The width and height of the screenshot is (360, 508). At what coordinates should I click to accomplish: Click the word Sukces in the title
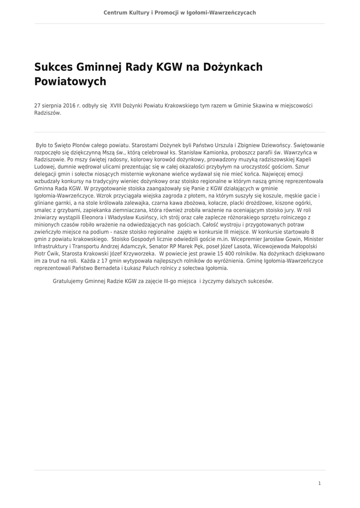tap(54, 67)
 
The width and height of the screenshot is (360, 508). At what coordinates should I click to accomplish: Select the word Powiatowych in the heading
tap(70, 81)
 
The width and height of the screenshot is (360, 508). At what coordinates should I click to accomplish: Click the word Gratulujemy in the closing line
tap(68, 281)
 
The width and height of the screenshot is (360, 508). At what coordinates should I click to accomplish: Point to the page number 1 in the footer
tap(319, 483)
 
